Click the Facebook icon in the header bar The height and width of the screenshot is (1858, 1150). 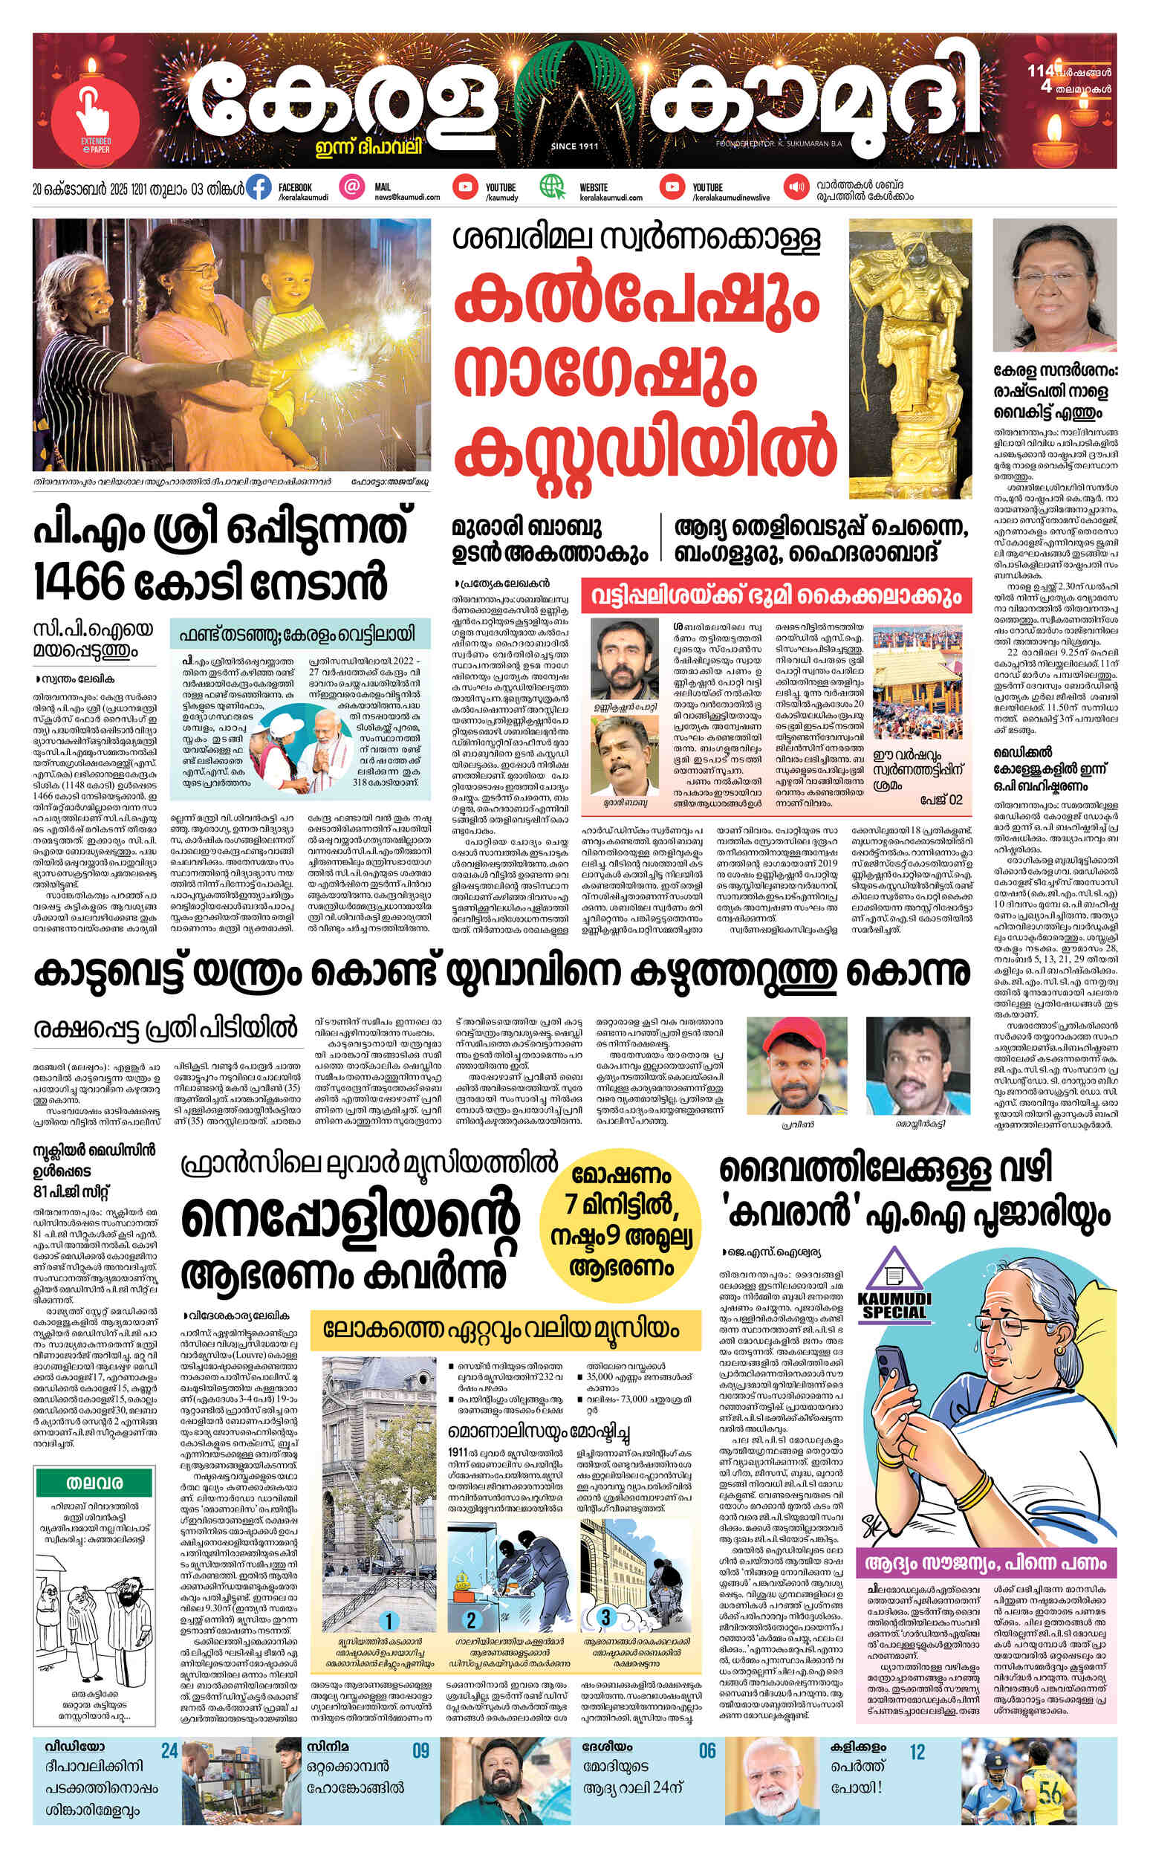(x=259, y=188)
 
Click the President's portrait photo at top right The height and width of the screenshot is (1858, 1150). (x=1055, y=284)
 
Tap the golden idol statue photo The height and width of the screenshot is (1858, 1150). (x=909, y=357)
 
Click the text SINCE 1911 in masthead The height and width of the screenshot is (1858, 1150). (x=574, y=146)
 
